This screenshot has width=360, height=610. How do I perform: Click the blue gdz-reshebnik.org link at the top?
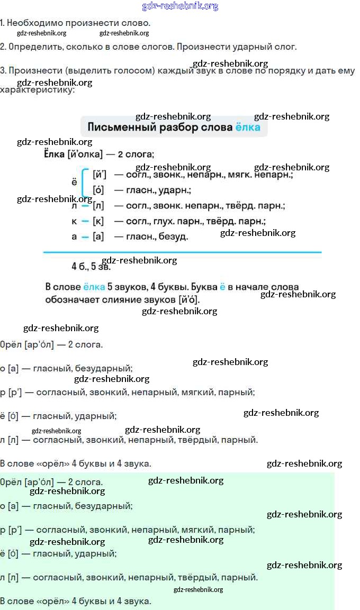(x=180, y=6)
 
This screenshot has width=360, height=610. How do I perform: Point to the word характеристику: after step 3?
(x=37, y=90)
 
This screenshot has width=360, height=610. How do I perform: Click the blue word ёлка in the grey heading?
(x=247, y=127)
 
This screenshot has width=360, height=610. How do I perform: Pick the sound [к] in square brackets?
(x=98, y=221)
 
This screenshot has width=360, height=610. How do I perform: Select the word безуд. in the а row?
(x=173, y=236)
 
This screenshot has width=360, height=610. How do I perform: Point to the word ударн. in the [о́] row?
(x=174, y=190)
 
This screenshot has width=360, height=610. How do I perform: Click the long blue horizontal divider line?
(x=182, y=252)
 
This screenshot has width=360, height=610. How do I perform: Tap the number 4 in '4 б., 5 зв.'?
(x=74, y=266)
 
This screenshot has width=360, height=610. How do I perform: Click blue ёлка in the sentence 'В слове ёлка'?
(x=94, y=287)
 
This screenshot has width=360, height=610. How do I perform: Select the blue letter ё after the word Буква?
(x=222, y=287)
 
